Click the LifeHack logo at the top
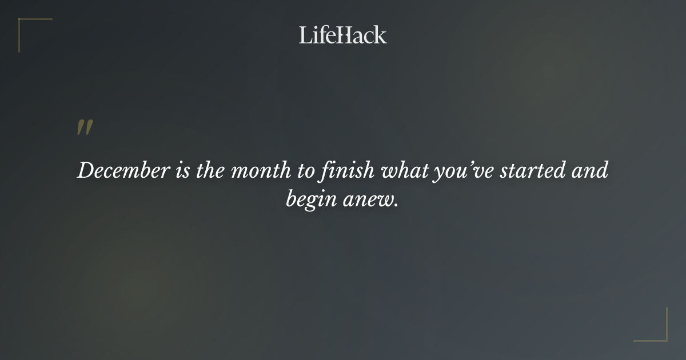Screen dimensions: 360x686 (x=343, y=35)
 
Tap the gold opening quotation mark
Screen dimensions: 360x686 (x=85, y=128)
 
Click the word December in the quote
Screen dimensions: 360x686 (x=123, y=171)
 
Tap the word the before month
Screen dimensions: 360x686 (x=210, y=171)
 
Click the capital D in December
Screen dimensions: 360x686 (x=85, y=171)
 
